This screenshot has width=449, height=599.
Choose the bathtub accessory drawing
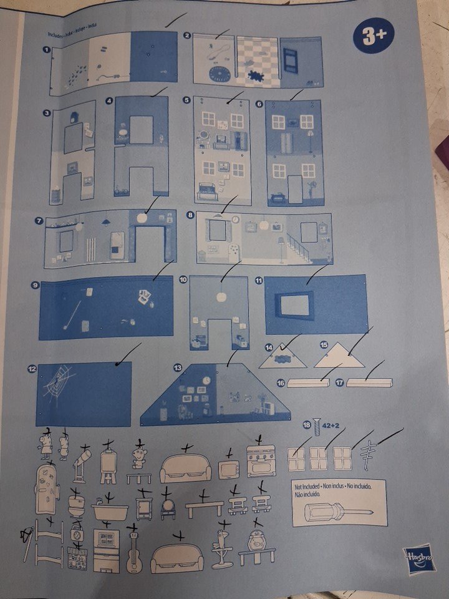(x=110, y=510)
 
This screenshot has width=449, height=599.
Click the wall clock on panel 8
(x=236, y=220)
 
